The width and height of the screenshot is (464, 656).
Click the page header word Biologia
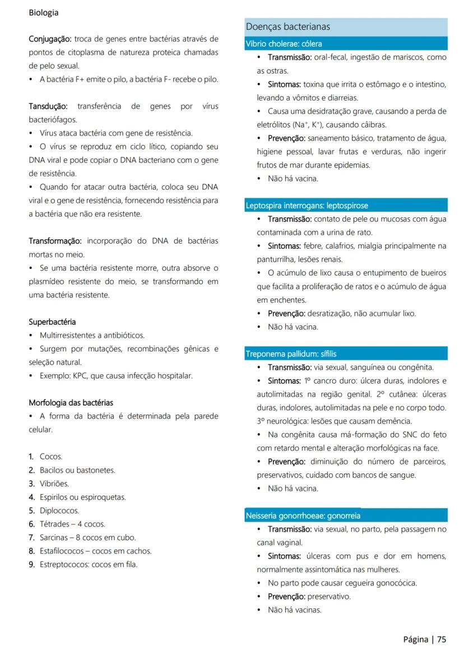pos(44,12)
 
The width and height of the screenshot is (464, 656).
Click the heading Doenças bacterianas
pos(287,27)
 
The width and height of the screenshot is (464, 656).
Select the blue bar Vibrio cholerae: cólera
pos(284,44)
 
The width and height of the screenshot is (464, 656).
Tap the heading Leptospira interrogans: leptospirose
pos(307,206)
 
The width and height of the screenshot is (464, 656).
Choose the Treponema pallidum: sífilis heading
pos(290,354)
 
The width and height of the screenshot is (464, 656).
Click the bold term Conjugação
pos(50,39)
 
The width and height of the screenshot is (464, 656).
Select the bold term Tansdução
pos(48,106)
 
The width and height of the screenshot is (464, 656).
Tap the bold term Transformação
pos(55,241)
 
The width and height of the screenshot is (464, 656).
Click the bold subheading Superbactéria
pos(52,322)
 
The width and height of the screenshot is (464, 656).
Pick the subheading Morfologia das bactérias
pos(71,403)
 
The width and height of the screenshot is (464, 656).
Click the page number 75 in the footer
pos(442,639)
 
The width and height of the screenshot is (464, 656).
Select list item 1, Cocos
pos(51,457)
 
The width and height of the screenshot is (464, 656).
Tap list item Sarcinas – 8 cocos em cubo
pos(87,537)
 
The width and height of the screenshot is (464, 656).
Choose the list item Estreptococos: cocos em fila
pos(88,564)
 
